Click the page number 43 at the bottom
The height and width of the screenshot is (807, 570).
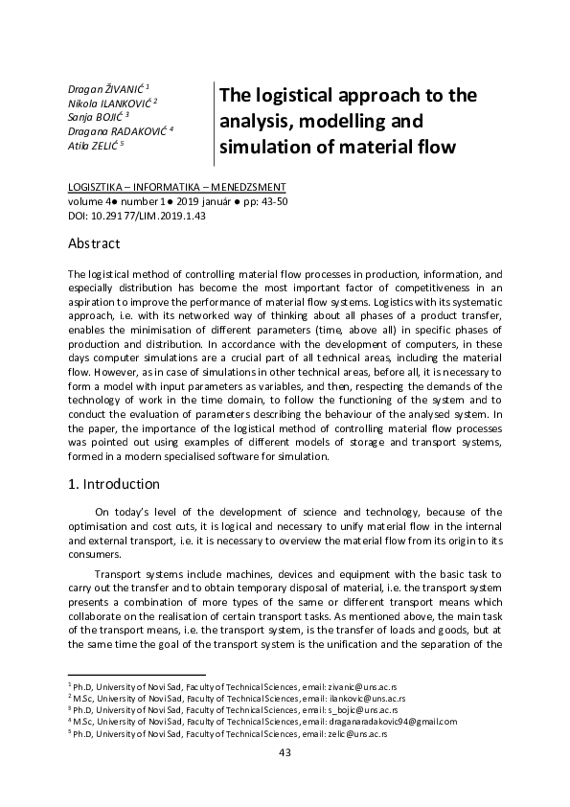[x=285, y=752]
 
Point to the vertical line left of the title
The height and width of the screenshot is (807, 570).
[x=213, y=123]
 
